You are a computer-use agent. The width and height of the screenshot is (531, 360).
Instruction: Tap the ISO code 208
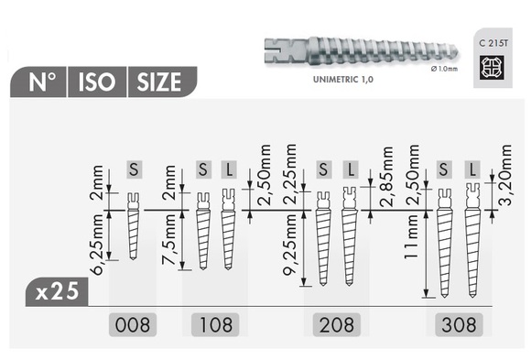335,322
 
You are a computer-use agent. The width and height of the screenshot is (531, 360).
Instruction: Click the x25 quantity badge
57,292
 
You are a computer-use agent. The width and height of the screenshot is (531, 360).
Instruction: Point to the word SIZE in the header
159,82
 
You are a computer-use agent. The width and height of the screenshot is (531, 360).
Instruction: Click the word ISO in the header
95,82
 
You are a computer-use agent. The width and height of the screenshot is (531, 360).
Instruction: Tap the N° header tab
40,82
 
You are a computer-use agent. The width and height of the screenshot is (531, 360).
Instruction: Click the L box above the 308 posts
472,169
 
